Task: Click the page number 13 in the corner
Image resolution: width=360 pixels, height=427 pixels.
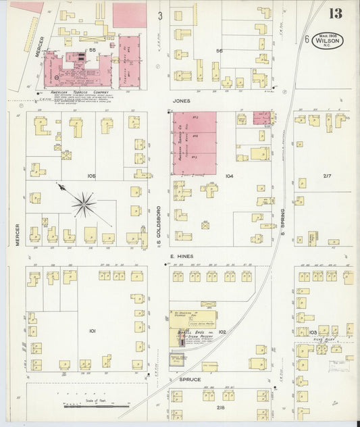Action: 336,14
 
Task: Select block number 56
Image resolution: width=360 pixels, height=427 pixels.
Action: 219,51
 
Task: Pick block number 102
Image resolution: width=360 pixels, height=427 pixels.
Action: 221,332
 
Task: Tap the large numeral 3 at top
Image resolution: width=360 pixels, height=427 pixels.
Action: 160,15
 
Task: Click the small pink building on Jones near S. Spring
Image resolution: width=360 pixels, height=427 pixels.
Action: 261,118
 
